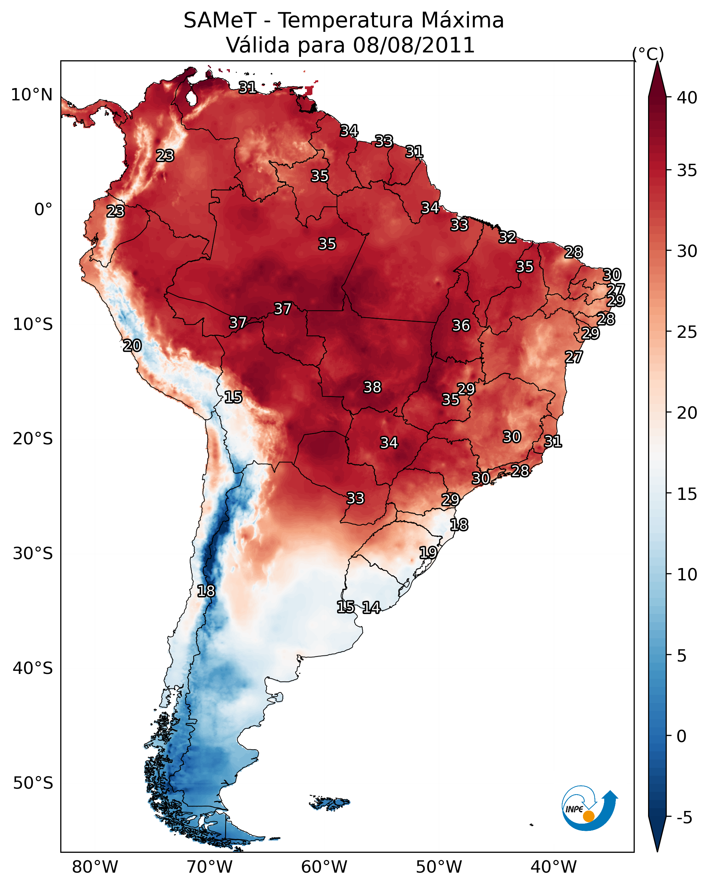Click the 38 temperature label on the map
click(x=372, y=387)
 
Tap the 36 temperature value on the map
click(x=461, y=325)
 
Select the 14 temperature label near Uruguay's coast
click(x=371, y=607)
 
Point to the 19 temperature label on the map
click(x=428, y=552)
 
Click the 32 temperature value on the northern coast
click(x=508, y=237)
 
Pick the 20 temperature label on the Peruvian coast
click(x=132, y=346)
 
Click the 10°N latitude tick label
click(x=32, y=95)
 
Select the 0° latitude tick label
click(x=44, y=210)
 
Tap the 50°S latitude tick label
click(x=33, y=783)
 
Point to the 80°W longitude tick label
click(x=95, y=867)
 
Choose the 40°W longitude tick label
click(x=554, y=867)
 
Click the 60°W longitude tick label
click(x=324, y=867)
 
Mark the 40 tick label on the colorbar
click(x=687, y=98)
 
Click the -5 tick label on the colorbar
click(x=684, y=818)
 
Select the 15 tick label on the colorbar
click(x=687, y=494)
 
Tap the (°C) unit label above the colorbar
click(x=648, y=54)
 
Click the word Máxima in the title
click(x=462, y=21)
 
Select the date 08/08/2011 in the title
click(x=414, y=45)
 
